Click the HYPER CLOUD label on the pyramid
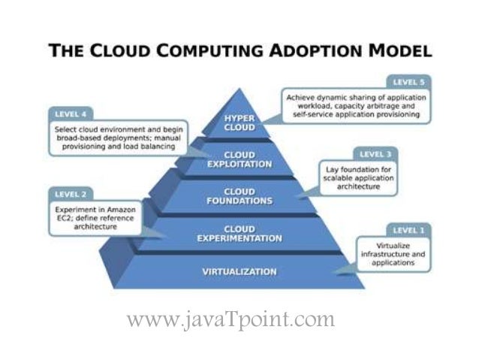point(239,123)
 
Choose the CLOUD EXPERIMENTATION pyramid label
point(239,233)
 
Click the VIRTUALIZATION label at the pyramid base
point(239,271)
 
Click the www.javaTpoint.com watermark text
point(231,320)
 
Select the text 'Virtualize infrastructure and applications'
point(391,255)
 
